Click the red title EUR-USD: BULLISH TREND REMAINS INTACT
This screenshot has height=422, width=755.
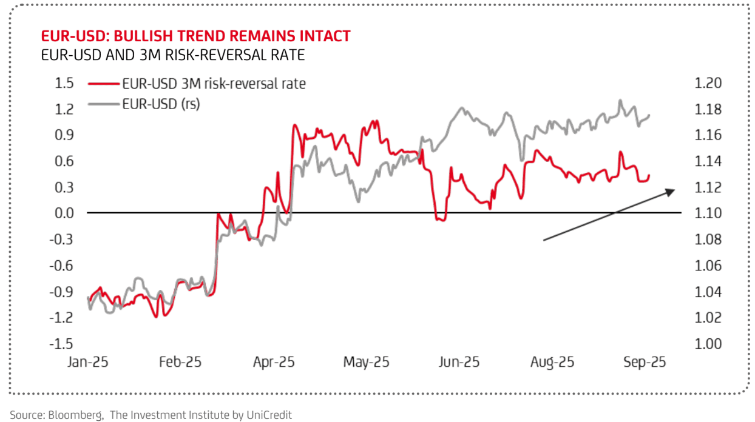pyautogui.click(x=195, y=36)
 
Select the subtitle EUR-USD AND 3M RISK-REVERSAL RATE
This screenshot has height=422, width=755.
pyautogui.click(x=173, y=55)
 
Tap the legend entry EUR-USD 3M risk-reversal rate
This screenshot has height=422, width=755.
pyautogui.click(x=214, y=84)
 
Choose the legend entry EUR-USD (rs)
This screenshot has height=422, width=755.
pyautogui.click(x=161, y=104)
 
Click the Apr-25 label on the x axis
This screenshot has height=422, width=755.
pyautogui.click(x=273, y=363)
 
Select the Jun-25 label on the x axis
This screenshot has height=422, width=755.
pyautogui.click(x=458, y=363)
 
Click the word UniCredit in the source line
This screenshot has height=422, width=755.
pyautogui.click(x=269, y=415)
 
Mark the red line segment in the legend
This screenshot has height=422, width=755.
pyautogui.click(x=103, y=84)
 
